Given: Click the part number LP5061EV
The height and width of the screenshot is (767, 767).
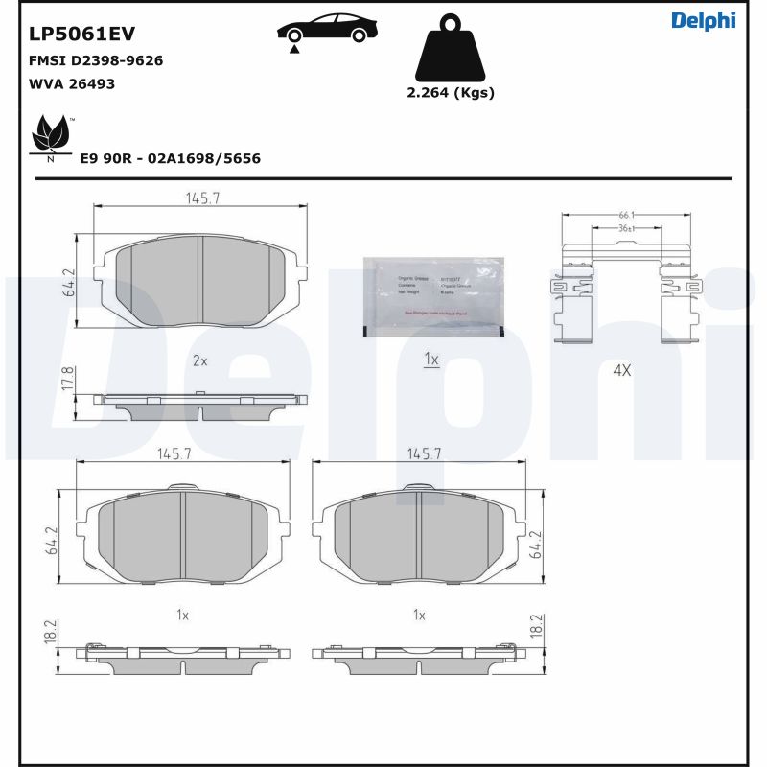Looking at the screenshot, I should [x=81, y=35].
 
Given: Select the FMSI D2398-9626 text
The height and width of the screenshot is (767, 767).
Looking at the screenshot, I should [x=96, y=60].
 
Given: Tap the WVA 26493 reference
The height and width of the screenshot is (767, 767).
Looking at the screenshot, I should [x=72, y=83].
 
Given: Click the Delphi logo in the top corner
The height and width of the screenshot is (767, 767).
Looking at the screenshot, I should [x=703, y=20].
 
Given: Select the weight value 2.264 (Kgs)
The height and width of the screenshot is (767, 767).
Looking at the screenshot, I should [x=451, y=93].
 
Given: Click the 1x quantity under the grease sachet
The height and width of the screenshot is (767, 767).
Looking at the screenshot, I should [x=431, y=360].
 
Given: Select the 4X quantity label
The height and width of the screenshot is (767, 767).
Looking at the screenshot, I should [x=621, y=369].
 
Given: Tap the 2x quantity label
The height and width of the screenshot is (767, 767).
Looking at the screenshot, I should [x=200, y=360].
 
